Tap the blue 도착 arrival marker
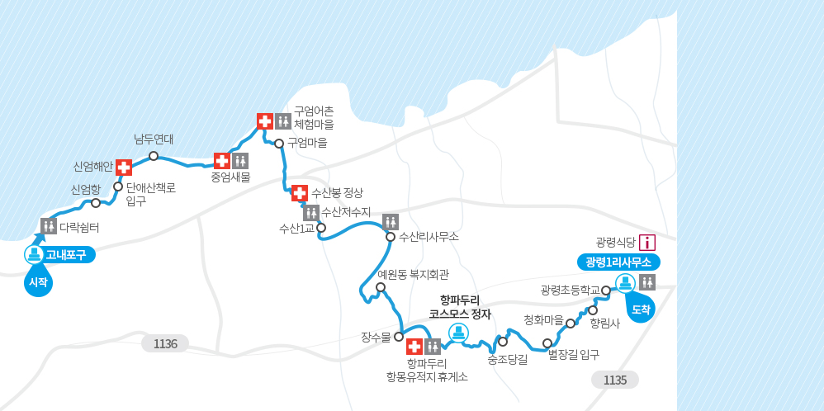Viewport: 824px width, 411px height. point(641,309)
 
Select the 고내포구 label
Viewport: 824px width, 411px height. point(65,254)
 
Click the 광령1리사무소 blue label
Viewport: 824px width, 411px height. point(618,262)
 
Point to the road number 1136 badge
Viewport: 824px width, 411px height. point(165,343)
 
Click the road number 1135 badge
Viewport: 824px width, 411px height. point(615,380)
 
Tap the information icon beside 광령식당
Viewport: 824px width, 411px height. point(648,243)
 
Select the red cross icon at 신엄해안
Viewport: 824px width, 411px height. point(124,168)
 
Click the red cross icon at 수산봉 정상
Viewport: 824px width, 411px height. point(300,193)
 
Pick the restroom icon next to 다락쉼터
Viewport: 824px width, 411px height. point(49,225)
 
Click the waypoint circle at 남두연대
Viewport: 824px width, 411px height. point(154,156)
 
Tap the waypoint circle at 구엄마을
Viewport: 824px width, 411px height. point(279,144)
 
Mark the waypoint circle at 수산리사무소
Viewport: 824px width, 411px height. point(391,237)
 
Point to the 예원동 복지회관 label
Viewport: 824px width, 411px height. point(413,274)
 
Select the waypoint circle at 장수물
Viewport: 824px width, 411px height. point(399,337)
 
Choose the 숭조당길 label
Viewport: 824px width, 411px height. point(507,359)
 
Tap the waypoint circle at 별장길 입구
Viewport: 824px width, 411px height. point(547,343)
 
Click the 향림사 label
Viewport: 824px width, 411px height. point(604,324)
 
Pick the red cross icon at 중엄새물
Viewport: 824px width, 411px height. point(222,161)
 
